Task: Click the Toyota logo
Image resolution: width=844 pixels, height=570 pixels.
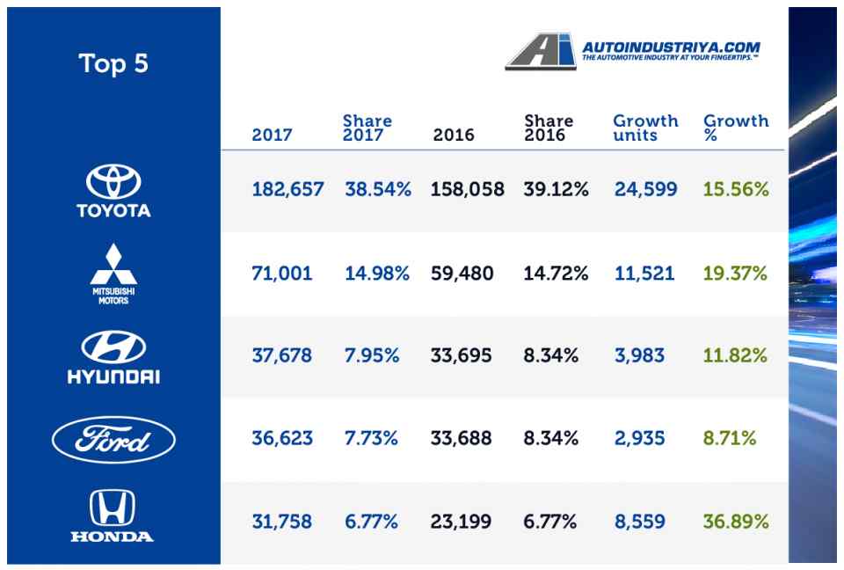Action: tap(113, 191)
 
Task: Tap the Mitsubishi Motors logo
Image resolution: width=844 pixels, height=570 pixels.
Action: tap(113, 274)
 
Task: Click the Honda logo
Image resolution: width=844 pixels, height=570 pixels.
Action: tap(113, 516)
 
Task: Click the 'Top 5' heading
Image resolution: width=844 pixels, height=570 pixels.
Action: tap(113, 63)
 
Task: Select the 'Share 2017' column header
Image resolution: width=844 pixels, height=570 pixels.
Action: tap(367, 128)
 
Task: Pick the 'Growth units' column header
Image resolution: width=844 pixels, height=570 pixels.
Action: tap(645, 128)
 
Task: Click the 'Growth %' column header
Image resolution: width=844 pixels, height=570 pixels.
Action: tap(736, 128)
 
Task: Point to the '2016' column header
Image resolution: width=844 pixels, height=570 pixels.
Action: tap(454, 135)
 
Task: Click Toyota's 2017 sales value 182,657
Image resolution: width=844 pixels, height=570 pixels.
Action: tap(287, 189)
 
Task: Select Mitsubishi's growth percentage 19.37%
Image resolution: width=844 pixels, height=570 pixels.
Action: tap(735, 274)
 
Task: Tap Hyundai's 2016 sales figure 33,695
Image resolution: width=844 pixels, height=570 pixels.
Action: tap(461, 356)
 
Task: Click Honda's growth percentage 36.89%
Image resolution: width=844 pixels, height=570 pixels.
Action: tap(735, 522)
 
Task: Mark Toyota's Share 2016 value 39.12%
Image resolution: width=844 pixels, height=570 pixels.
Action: tap(556, 189)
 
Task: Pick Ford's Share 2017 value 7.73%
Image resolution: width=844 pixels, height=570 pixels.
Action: tap(372, 438)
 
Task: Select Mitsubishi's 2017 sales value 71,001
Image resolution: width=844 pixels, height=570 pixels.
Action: tap(281, 274)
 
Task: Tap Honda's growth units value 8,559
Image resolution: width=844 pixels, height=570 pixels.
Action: tap(640, 522)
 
